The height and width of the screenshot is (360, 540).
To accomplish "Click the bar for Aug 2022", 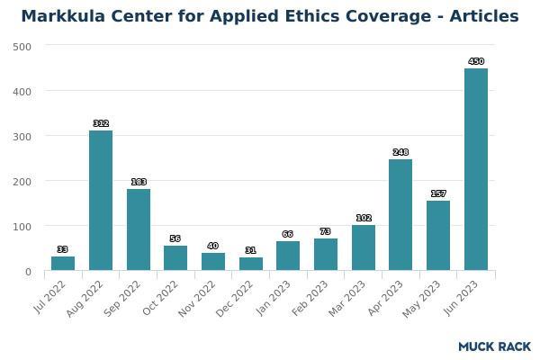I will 101,201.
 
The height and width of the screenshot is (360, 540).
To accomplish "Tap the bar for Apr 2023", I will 400,215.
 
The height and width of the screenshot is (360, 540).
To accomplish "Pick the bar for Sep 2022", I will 139,229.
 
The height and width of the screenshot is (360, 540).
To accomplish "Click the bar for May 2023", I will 438,236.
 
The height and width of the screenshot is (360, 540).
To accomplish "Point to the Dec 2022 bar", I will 251,264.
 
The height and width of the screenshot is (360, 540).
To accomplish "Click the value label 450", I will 476,61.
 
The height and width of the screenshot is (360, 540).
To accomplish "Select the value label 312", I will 101,123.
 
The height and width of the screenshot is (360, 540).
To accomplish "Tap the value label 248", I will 400,152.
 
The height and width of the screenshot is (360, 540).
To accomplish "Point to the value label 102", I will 364,218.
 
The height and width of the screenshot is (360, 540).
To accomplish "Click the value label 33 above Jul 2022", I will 63,249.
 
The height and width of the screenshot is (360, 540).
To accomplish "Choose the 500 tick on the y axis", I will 22,46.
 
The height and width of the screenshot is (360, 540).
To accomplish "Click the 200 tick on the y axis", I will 22,181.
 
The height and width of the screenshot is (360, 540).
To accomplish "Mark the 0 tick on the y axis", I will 28,271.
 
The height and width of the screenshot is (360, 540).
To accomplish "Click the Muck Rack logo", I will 494,346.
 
